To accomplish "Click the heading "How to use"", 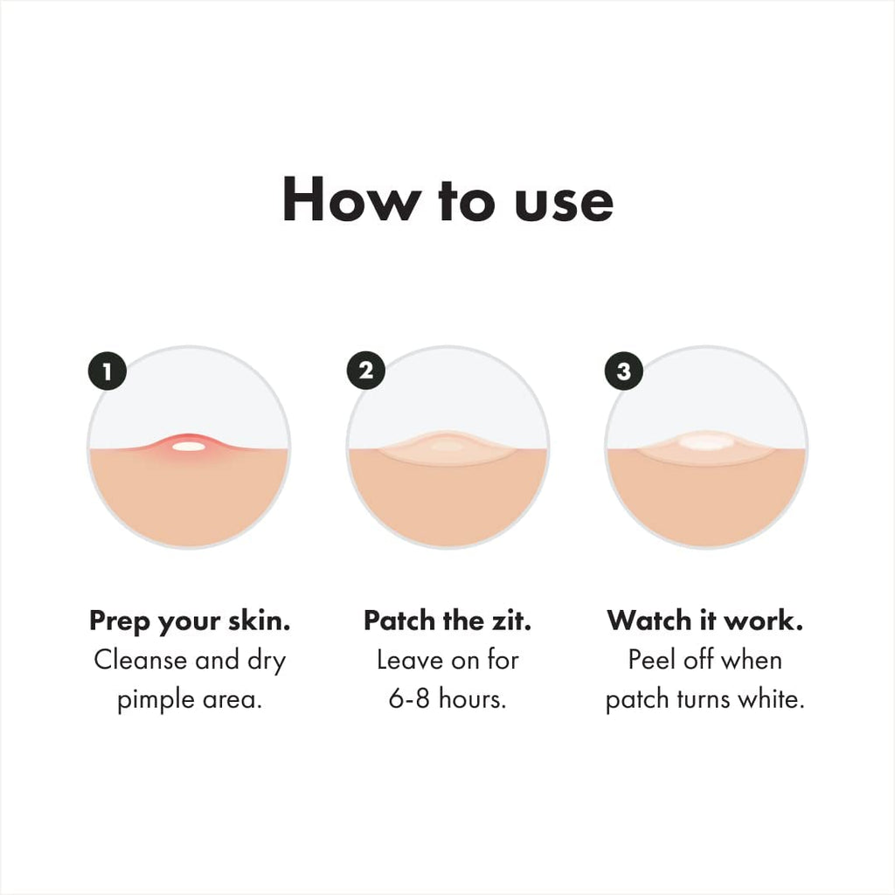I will point(447,201).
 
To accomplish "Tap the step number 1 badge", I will point(107,372).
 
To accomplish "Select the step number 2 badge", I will point(365,371).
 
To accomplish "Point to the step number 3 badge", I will point(623,371).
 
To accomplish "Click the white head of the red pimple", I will point(188,447).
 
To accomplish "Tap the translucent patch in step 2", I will point(447,447).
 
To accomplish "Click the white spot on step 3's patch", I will point(705,442).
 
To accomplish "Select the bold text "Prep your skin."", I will point(190,622).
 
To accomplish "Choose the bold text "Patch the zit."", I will point(447,621).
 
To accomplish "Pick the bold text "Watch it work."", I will point(705,621).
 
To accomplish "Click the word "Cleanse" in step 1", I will point(139,661).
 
